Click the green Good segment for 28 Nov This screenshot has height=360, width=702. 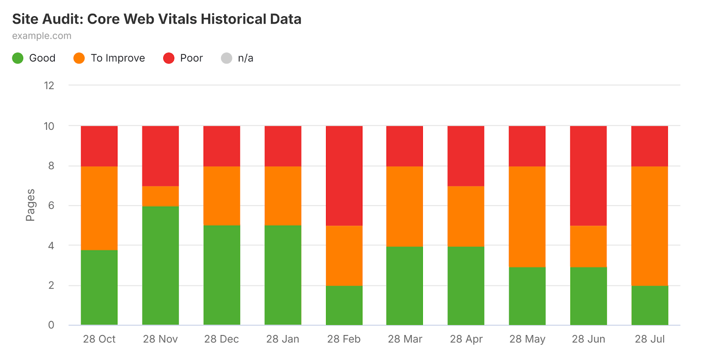[160, 265]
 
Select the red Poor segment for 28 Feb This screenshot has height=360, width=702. [344, 176]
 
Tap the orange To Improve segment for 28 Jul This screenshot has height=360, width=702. [649, 226]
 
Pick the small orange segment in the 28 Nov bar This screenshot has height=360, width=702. [160, 196]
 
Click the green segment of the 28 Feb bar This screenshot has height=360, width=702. [344, 305]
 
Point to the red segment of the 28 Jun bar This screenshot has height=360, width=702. [588, 176]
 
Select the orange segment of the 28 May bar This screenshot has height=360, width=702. [527, 217]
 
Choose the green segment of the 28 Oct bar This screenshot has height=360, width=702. [99, 287]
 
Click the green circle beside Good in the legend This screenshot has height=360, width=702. [18, 58]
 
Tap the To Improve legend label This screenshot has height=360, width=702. [118, 58]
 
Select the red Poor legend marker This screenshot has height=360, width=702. [169, 58]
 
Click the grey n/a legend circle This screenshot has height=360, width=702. [226, 58]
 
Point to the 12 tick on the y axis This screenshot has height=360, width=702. [49, 86]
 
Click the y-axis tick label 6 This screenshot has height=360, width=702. [51, 206]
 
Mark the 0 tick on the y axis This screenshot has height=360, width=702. [51, 325]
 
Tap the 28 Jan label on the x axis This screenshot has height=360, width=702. [283, 339]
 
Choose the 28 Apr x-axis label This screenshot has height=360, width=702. [466, 339]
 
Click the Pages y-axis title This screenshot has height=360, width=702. [30, 205]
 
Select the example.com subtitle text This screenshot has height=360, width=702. [42, 36]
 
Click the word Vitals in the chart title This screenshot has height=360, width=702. [177, 19]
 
